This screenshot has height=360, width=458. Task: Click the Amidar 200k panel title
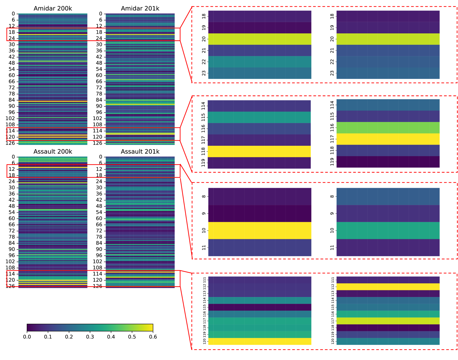(53, 8)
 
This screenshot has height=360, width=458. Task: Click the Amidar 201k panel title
(140, 8)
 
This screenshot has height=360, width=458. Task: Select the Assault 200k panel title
(53, 152)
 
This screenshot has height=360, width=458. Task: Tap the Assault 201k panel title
(140, 152)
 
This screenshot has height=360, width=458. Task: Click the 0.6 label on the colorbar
(153, 337)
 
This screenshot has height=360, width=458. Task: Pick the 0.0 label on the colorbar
(27, 337)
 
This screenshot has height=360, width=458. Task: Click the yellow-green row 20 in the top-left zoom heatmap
(260, 39)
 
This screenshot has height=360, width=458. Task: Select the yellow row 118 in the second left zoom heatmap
(259, 151)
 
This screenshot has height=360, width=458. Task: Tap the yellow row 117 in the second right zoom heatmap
(388, 139)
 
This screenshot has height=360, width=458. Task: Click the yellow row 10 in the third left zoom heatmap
(260, 231)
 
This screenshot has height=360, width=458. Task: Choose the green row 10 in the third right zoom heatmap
(388, 231)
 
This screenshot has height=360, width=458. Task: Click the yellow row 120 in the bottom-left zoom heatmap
(260, 341)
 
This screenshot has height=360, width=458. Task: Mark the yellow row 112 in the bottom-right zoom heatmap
(388, 287)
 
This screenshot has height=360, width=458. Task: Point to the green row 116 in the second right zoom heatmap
(388, 128)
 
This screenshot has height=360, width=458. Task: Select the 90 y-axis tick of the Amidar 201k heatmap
(99, 106)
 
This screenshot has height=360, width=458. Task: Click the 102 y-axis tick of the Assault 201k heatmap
(98, 262)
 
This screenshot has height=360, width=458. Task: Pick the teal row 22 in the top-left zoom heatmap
(260, 62)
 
